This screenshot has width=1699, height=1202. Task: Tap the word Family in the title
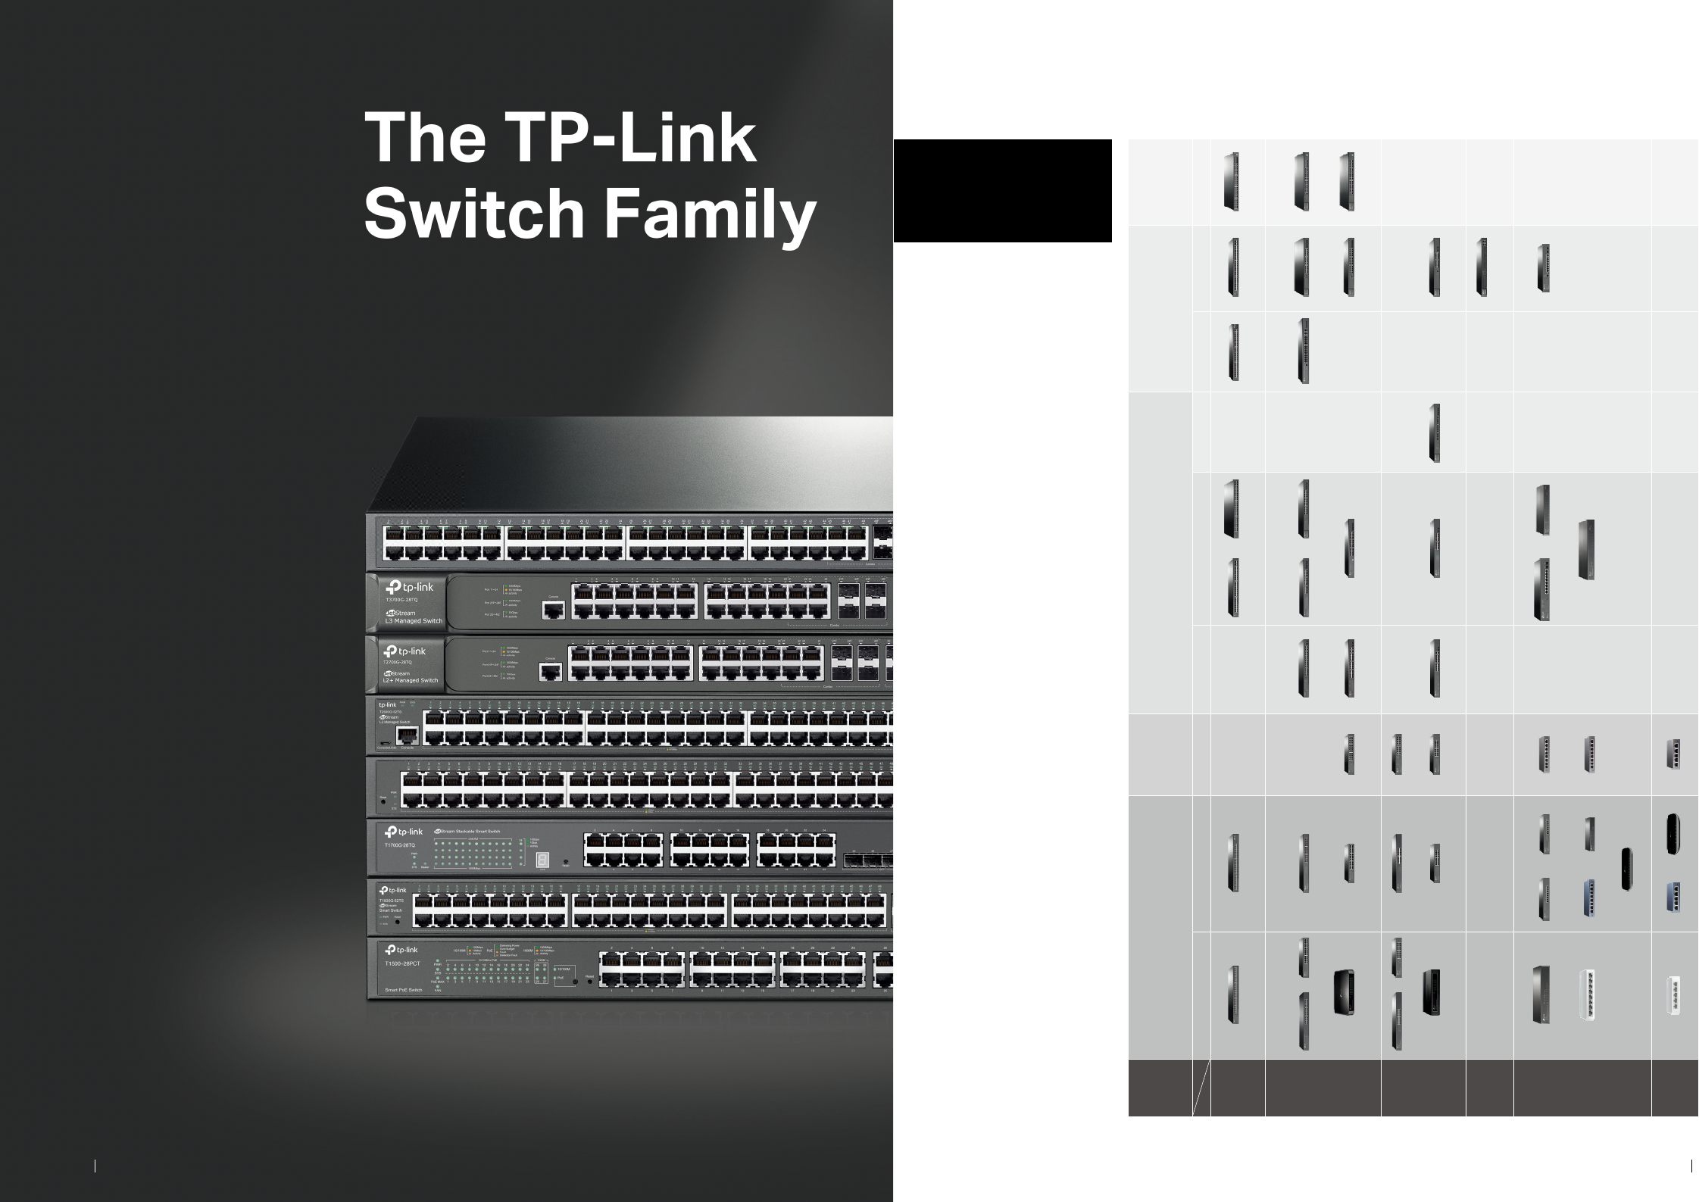710,214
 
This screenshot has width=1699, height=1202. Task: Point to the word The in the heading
425,139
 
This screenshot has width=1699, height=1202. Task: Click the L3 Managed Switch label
414,620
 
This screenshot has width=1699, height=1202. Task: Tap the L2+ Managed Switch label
411,680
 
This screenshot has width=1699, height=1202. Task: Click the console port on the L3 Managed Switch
554,610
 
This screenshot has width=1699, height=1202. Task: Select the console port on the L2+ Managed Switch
551,671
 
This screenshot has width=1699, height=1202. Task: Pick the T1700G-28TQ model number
400,845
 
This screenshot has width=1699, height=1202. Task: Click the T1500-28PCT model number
402,963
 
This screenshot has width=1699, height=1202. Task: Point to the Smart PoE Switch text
404,990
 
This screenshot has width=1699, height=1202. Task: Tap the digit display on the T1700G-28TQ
542,861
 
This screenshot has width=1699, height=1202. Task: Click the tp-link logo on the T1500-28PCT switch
401,950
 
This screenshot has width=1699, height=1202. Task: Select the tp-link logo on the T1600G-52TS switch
392,890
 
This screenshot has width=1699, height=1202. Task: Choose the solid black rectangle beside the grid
1002,191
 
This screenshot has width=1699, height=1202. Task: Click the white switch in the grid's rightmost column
1674,995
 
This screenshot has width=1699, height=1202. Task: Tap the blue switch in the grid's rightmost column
1674,897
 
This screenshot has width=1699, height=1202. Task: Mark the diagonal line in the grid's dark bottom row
1201,1088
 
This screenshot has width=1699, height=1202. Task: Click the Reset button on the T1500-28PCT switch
576,982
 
